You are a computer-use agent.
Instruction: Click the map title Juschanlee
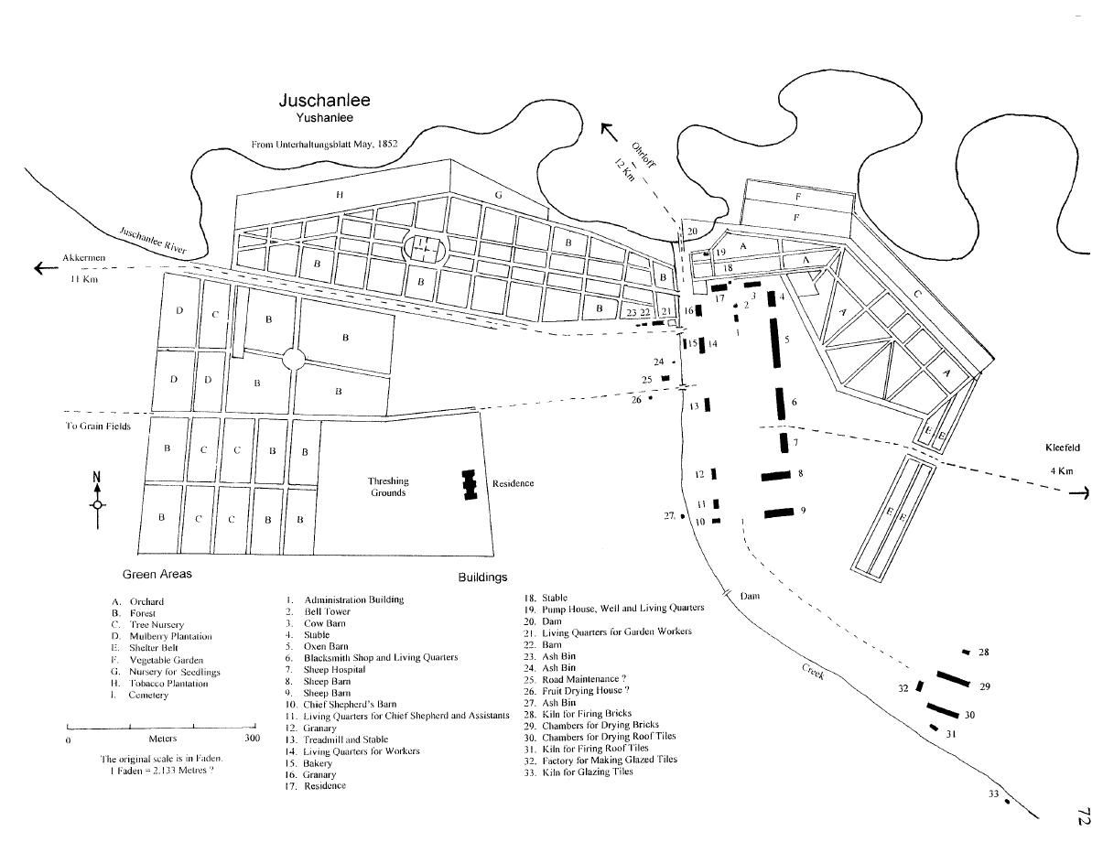pyautogui.click(x=324, y=102)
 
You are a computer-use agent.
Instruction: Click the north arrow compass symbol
pyautogui.click(x=98, y=502)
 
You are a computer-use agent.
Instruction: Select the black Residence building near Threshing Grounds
pyautogui.click(x=470, y=484)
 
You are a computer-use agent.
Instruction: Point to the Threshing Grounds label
pyautogui.click(x=388, y=487)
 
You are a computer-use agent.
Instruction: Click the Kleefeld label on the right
pyautogui.click(x=1063, y=448)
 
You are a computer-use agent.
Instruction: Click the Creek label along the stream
pyautogui.click(x=814, y=671)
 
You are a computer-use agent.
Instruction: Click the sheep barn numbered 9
pyautogui.click(x=779, y=513)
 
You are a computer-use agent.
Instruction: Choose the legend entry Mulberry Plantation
pyautogui.click(x=170, y=636)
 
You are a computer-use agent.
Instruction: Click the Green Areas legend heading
pyautogui.click(x=157, y=575)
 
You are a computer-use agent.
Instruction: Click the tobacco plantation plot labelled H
pyautogui.click(x=340, y=194)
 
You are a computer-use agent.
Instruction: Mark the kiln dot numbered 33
pyautogui.click(x=1007, y=802)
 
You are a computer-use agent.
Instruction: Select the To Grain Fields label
pyautogui.click(x=99, y=426)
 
